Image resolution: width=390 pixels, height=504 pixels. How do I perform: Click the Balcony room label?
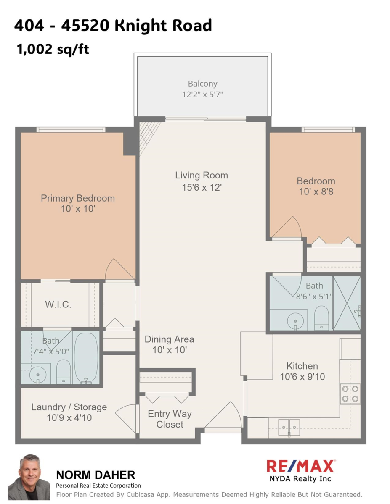(202, 84)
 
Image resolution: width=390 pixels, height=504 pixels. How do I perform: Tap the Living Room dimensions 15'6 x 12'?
(202, 187)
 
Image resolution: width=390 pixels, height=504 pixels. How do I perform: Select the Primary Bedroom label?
(78, 198)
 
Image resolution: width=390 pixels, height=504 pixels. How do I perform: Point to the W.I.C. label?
(58, 304)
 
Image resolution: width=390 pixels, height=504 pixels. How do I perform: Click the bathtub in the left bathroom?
(86, 358)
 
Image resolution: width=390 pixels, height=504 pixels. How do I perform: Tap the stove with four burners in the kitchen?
(350, 394)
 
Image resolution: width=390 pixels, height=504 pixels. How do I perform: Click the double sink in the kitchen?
(289, 427)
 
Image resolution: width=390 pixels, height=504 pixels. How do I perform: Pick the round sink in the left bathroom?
(38, 375)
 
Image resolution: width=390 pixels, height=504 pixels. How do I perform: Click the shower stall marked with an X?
(347, 303)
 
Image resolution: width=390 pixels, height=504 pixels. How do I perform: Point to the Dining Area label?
(169, 339)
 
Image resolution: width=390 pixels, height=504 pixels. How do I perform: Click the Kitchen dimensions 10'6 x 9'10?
(302, 377)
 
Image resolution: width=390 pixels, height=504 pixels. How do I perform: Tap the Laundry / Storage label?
(69, 407)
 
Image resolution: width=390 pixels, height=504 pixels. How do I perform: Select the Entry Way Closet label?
(170, 419)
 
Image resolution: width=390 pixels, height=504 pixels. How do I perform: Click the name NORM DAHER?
(96, 475)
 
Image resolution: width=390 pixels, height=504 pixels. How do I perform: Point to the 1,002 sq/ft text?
(53, 50)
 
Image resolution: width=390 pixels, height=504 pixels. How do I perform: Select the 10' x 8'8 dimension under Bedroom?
(316, 192)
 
